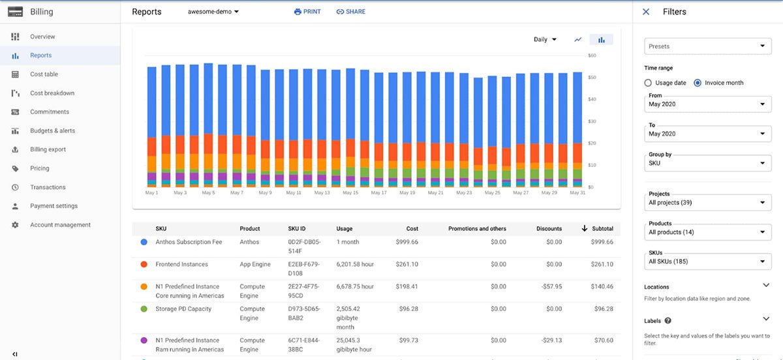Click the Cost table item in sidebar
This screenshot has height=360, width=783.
click(44, 74)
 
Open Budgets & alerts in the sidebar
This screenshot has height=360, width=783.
click(52, 130)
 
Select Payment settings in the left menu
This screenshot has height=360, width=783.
click(54, 206)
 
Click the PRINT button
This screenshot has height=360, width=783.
click(307, 12)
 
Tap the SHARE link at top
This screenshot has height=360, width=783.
click(351, 12)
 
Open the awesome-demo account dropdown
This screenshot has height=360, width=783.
click(213, 12)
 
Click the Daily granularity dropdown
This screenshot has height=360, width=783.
click(545, 39)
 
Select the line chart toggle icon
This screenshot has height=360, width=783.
click(577, 40)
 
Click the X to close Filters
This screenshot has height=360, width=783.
click(646, 12)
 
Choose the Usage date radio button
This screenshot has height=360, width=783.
click(648, 83)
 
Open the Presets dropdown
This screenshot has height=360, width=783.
click(707, 46)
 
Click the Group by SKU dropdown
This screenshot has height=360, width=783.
click(707, 163)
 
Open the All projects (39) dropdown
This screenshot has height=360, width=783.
click(707, 203)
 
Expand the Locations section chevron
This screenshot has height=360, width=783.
click(766, 285)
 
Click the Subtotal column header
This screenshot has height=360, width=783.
click(602, 229)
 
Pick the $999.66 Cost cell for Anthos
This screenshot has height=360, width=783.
click(407, 242)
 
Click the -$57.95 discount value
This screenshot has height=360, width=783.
click(551, 286)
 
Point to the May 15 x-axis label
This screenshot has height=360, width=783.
click(350, 193)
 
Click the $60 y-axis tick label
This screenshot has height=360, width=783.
click(592, 56)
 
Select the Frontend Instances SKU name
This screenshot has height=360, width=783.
click(181, 264)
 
